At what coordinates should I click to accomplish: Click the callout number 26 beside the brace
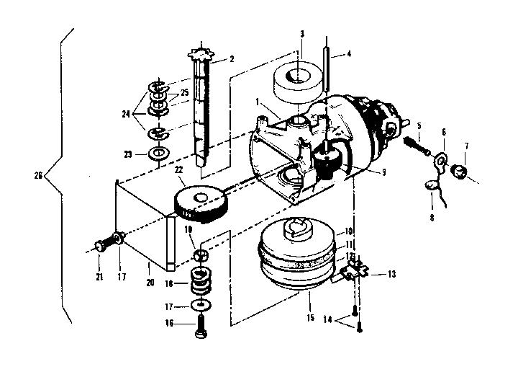[39, 174]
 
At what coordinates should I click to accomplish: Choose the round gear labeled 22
[201, 199]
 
